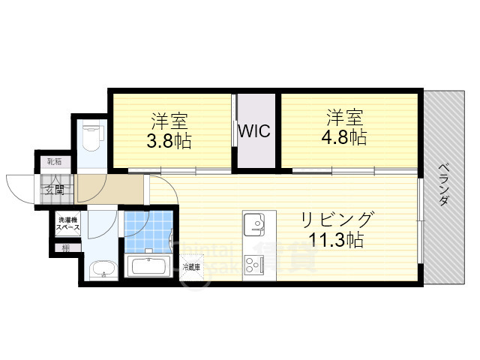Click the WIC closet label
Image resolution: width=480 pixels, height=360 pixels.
[254, 130]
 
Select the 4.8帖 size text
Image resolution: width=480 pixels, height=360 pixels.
[346, 139]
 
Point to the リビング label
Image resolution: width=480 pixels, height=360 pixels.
[337, 220]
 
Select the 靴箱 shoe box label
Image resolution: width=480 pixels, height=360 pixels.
[55, 162]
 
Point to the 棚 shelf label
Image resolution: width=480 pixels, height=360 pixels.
[66, 247]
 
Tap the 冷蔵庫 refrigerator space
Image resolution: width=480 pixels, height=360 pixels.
[191, 266]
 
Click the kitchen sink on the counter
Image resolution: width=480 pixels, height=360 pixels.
[254, 223]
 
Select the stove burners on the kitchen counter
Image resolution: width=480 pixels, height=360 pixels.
[253, 265]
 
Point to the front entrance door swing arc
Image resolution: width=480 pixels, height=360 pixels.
[18, 187]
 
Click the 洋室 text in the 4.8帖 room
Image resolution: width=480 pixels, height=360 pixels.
[344, 118]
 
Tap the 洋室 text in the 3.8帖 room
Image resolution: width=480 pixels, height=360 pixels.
[169, 120]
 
